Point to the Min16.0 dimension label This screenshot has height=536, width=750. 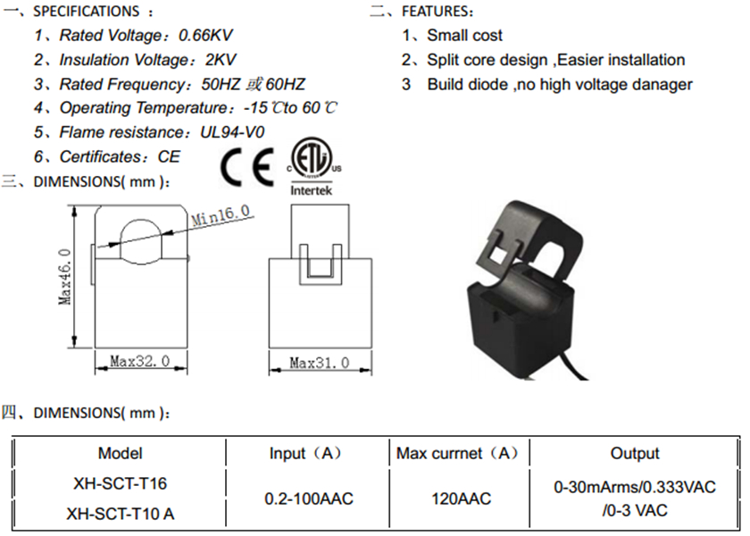(221, 214)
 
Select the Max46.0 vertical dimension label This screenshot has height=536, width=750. (65, 277)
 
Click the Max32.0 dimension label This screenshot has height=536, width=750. (140, 363)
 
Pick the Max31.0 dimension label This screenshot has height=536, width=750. (319, 364)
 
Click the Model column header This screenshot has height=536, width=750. (121, 454)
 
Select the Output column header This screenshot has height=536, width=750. (635, 454)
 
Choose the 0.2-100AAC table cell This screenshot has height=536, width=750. (309, 498)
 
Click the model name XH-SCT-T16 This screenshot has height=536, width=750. (121, 483)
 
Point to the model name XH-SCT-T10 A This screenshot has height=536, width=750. (121, 514)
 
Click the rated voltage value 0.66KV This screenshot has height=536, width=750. (207, 36)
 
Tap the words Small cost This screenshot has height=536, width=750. (464, 36)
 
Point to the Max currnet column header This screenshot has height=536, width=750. (457, 454)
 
